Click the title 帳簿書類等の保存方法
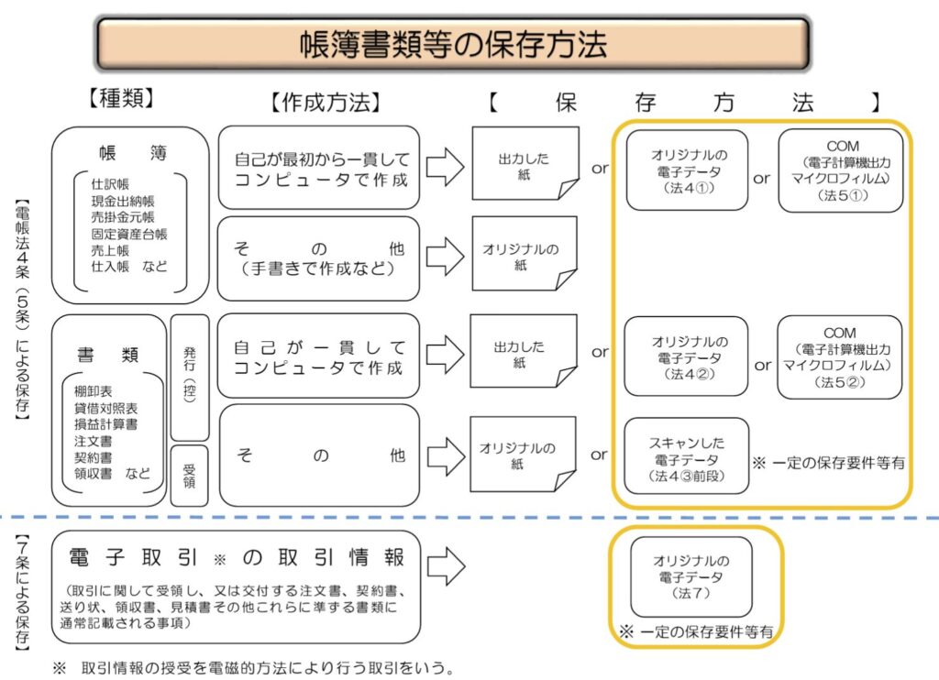453,44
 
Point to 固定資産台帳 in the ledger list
129,233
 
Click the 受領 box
189,475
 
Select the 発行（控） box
189,377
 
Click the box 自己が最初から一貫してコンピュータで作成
318,168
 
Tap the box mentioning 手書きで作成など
318,258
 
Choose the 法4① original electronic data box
687,170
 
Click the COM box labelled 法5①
840,170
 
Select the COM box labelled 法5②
840,356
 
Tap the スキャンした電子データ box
687,455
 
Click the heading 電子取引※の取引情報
237,557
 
